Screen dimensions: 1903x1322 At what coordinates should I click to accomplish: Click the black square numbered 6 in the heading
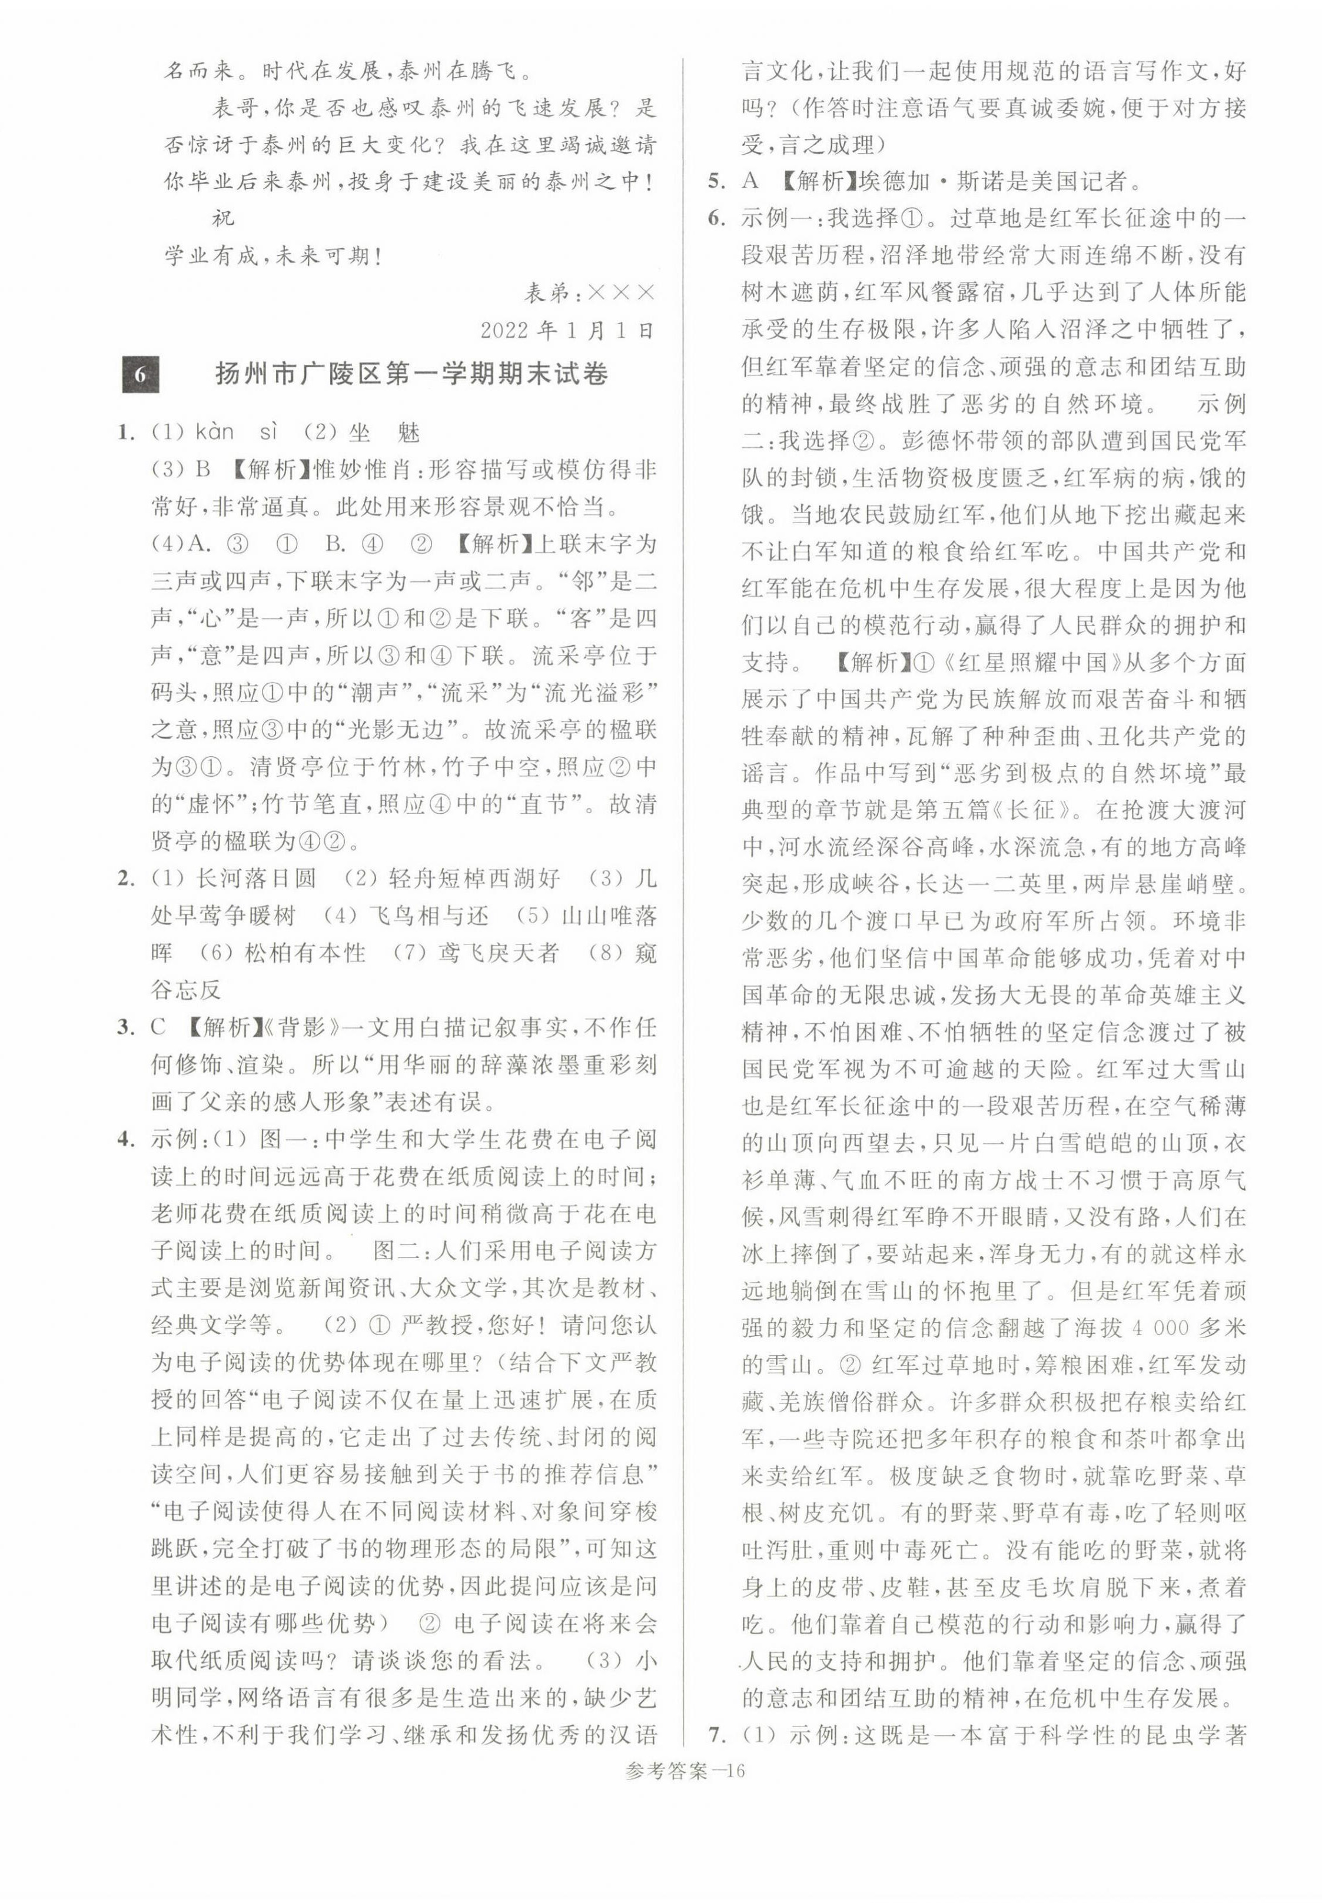140,374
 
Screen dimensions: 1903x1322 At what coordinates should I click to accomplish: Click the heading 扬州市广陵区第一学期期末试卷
411,374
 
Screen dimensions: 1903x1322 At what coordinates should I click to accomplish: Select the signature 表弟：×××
590,293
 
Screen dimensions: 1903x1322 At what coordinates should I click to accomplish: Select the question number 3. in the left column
126,1027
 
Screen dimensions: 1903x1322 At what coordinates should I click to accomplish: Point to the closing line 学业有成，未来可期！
273,256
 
